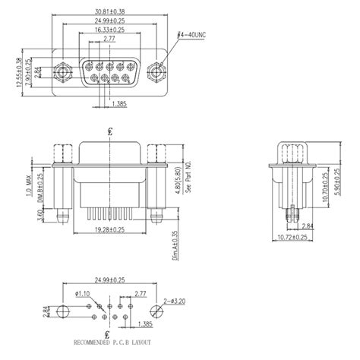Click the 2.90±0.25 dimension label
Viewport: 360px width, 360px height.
[27, 74]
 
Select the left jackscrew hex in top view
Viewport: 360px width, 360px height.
[62, 74]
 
